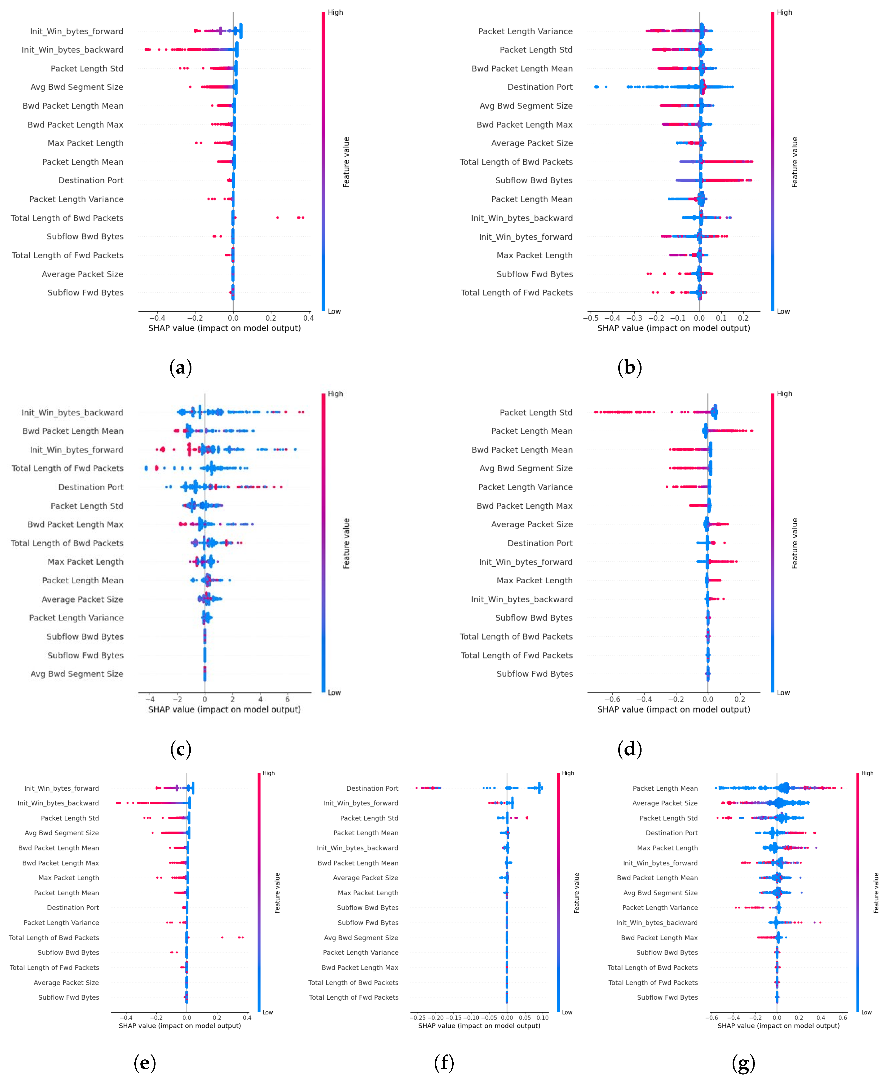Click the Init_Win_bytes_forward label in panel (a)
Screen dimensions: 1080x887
77,31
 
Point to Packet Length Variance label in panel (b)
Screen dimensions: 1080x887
525,31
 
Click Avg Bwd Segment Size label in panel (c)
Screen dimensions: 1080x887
77,674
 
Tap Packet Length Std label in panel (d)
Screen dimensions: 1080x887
536,412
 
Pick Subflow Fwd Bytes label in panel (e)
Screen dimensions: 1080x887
69,997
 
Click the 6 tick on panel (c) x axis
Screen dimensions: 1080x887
288,699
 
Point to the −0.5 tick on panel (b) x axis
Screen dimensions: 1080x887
591,318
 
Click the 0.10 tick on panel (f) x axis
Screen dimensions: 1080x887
542,1018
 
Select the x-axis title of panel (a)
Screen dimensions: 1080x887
224,328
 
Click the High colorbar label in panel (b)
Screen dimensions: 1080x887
784,12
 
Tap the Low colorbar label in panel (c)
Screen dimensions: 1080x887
334,693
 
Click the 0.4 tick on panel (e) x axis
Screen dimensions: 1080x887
247,1018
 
